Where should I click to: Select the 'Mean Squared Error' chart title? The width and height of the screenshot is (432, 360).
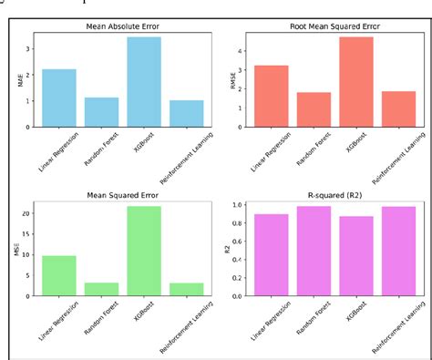124,194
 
